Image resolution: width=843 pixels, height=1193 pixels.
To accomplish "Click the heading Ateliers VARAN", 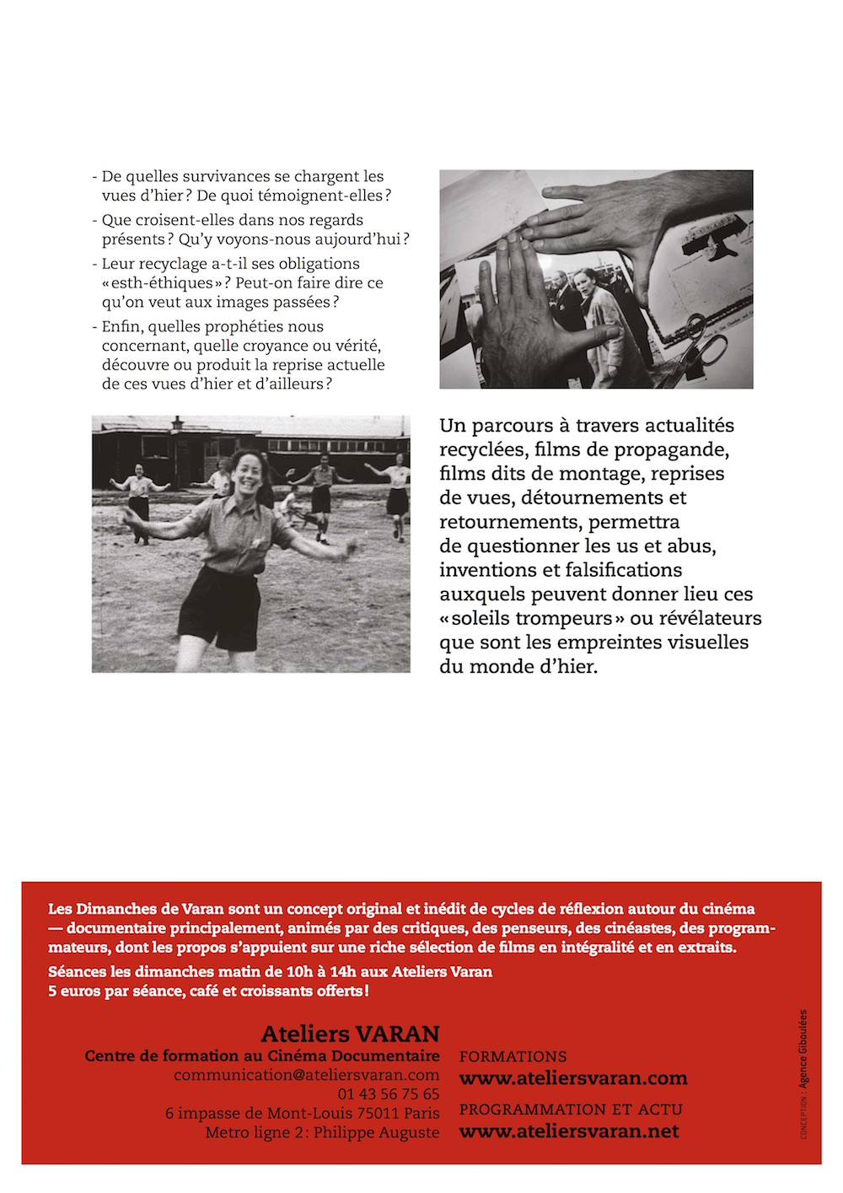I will (350, 1034).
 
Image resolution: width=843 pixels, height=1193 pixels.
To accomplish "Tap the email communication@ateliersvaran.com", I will (306, 1075).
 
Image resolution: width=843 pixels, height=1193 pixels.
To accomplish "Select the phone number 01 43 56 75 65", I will (388, 1094).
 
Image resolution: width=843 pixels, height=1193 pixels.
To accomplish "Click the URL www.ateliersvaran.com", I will (572, 1078).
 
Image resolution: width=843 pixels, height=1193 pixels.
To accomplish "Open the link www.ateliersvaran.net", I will (568, 1131).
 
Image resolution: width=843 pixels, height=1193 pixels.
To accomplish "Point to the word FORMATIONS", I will (513, 1056).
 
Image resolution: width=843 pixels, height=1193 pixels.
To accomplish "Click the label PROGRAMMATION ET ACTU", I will (571, 1110).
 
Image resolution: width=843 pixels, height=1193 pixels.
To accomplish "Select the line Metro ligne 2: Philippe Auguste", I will (322, 1133).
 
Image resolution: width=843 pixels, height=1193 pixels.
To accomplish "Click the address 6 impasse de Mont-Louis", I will (253, 1114).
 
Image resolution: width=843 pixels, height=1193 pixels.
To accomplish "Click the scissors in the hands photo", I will (702, 341).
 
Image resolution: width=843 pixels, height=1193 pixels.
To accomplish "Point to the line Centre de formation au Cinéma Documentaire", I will (262, 1056).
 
